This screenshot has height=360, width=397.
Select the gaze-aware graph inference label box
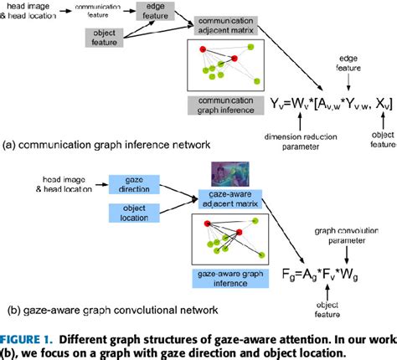pyautogui.click(x=229, y=275)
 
